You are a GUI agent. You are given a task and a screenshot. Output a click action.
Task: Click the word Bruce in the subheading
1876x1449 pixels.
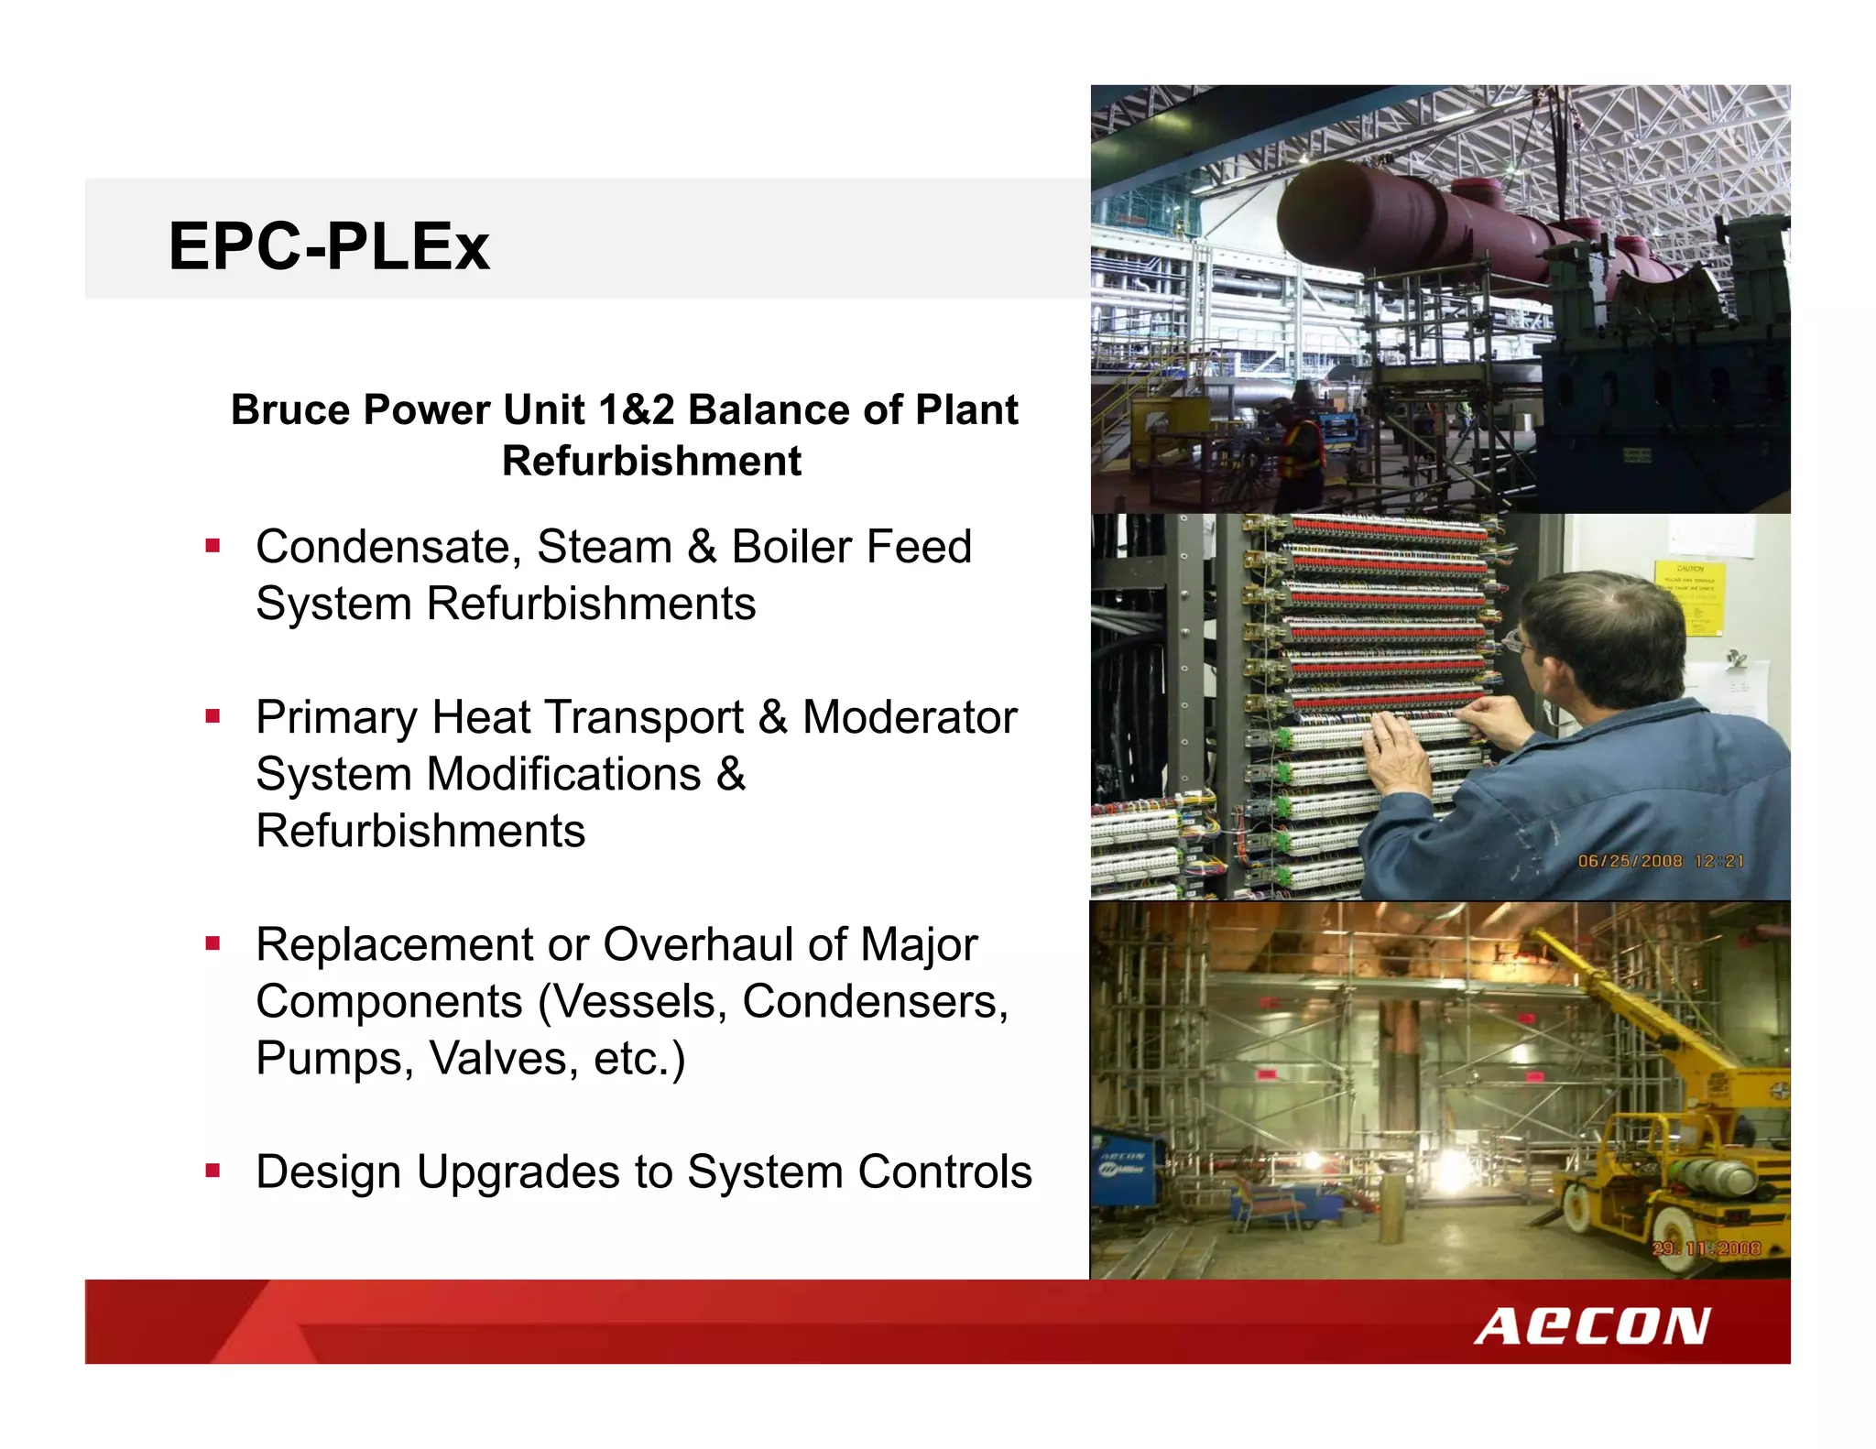(291, 409)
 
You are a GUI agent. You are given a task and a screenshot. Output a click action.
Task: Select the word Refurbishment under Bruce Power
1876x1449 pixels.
(651, 461)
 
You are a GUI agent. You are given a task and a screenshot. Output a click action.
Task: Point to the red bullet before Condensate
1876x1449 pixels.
(213, 547)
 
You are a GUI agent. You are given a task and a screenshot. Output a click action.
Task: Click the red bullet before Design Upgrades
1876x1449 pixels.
(213, 1171)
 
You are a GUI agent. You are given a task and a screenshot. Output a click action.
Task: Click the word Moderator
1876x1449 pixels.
(910, 717)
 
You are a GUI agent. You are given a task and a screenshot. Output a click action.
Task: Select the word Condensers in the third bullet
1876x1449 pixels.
(875, 1001)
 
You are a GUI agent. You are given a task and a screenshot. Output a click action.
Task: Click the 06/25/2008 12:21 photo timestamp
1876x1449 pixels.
(1660, 861)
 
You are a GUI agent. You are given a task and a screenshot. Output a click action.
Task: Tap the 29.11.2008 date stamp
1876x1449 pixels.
(1706, 1248)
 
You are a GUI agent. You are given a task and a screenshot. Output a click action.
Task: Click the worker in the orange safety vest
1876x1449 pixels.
(1301, 449)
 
